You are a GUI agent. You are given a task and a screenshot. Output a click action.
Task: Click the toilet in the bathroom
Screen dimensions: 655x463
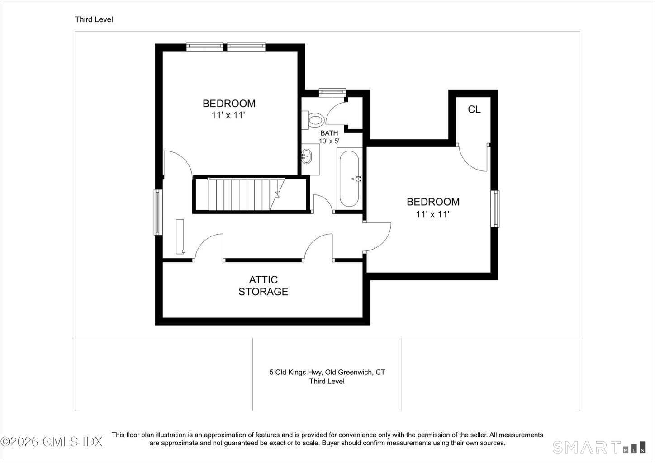[313, 120]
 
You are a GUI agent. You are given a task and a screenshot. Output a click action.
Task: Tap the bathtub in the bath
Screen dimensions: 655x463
[349, 179]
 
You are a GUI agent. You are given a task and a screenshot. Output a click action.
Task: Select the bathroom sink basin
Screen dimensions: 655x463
[307, 156]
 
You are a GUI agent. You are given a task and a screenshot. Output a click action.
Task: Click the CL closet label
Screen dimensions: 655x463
[474, 109]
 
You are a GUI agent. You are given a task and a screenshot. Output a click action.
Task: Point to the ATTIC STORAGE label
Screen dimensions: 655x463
[263, 286]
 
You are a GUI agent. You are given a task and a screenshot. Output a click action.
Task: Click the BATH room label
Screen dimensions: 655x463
[329, 133]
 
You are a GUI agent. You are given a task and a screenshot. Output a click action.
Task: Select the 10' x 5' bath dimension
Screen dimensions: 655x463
[329, 141]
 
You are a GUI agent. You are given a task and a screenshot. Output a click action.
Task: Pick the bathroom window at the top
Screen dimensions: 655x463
[332, 92]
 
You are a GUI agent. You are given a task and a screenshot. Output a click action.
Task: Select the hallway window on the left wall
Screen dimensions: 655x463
[158, 212]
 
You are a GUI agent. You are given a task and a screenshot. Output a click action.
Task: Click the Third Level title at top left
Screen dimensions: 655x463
[94, 19]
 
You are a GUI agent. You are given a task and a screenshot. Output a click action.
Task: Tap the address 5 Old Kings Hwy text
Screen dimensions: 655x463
[296, 372]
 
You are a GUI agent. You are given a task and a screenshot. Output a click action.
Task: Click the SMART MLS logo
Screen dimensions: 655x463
[599, 447]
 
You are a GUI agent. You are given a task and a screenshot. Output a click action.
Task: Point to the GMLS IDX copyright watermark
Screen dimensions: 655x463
[51, 442]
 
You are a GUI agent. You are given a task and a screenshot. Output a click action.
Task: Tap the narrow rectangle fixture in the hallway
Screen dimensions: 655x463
[180, 237]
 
